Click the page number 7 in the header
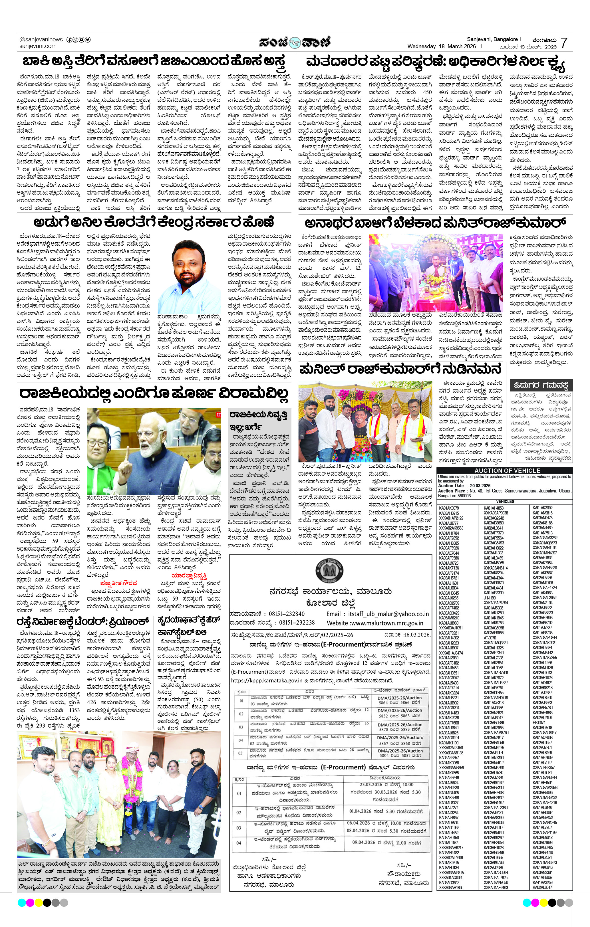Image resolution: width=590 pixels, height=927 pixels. pos(564,43)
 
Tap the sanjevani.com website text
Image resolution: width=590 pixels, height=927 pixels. pos(38,46)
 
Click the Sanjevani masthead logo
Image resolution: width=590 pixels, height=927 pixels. pos(294,42)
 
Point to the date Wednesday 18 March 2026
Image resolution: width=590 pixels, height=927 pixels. pos(442,47)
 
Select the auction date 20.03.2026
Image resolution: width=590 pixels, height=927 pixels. pos(480,486)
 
